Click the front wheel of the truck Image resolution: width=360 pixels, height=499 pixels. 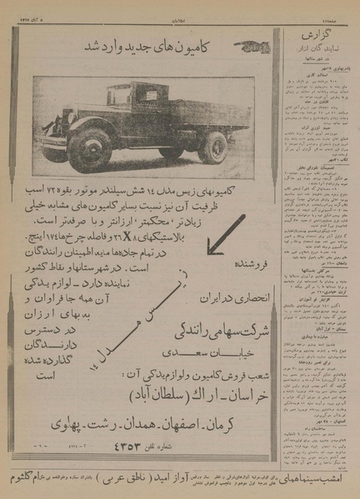pyautogui.click(x=89, y=151)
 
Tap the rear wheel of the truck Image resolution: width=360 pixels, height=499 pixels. pyautogui.click(x=212, y=147)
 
